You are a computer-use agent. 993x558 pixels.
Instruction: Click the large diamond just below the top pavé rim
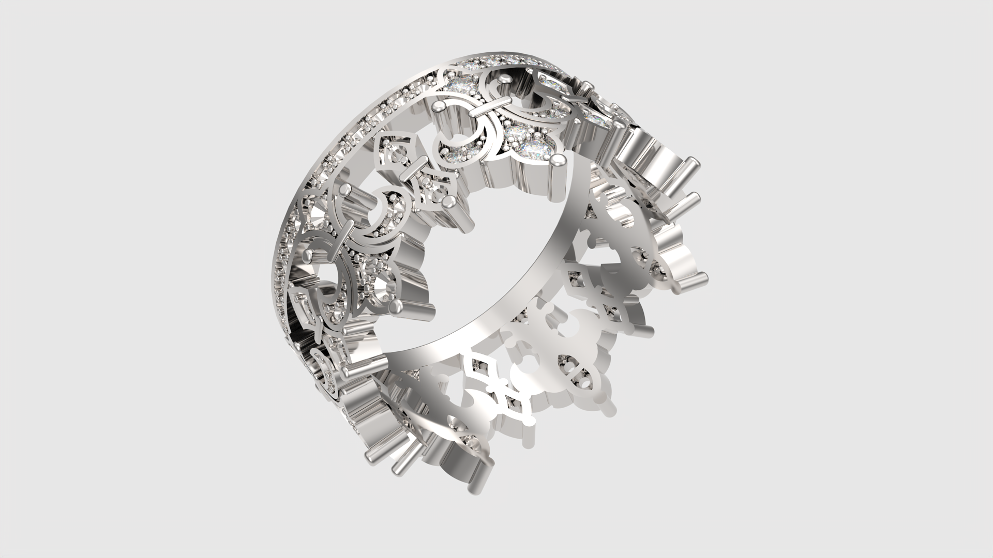tap(460, 83)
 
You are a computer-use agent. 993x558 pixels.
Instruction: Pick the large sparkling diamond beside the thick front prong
tap(535, 147)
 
